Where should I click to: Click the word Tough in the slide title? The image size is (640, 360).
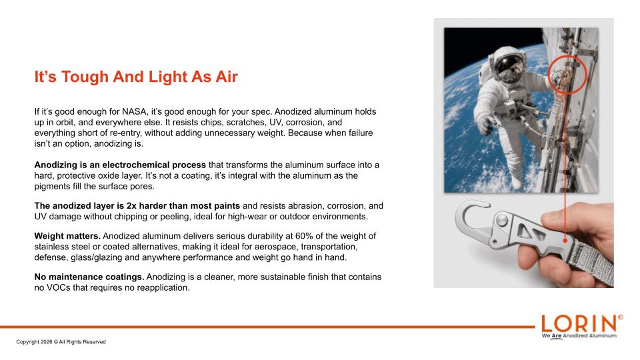tap(85, 77)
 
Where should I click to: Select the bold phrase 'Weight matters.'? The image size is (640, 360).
tap(67, 236)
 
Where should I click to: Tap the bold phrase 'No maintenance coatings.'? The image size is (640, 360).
tap(89, 277)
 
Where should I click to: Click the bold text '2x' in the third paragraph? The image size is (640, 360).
tap(131, 206)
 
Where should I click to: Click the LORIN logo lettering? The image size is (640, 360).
tap(579, 324)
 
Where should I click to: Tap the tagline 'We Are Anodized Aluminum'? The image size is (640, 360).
tap(579, 336)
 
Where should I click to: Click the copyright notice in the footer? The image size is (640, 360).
tap(61, 342)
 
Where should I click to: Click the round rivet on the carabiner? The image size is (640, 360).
tap(503, 221)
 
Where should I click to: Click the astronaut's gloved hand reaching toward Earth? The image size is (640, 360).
tap(485, 125)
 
